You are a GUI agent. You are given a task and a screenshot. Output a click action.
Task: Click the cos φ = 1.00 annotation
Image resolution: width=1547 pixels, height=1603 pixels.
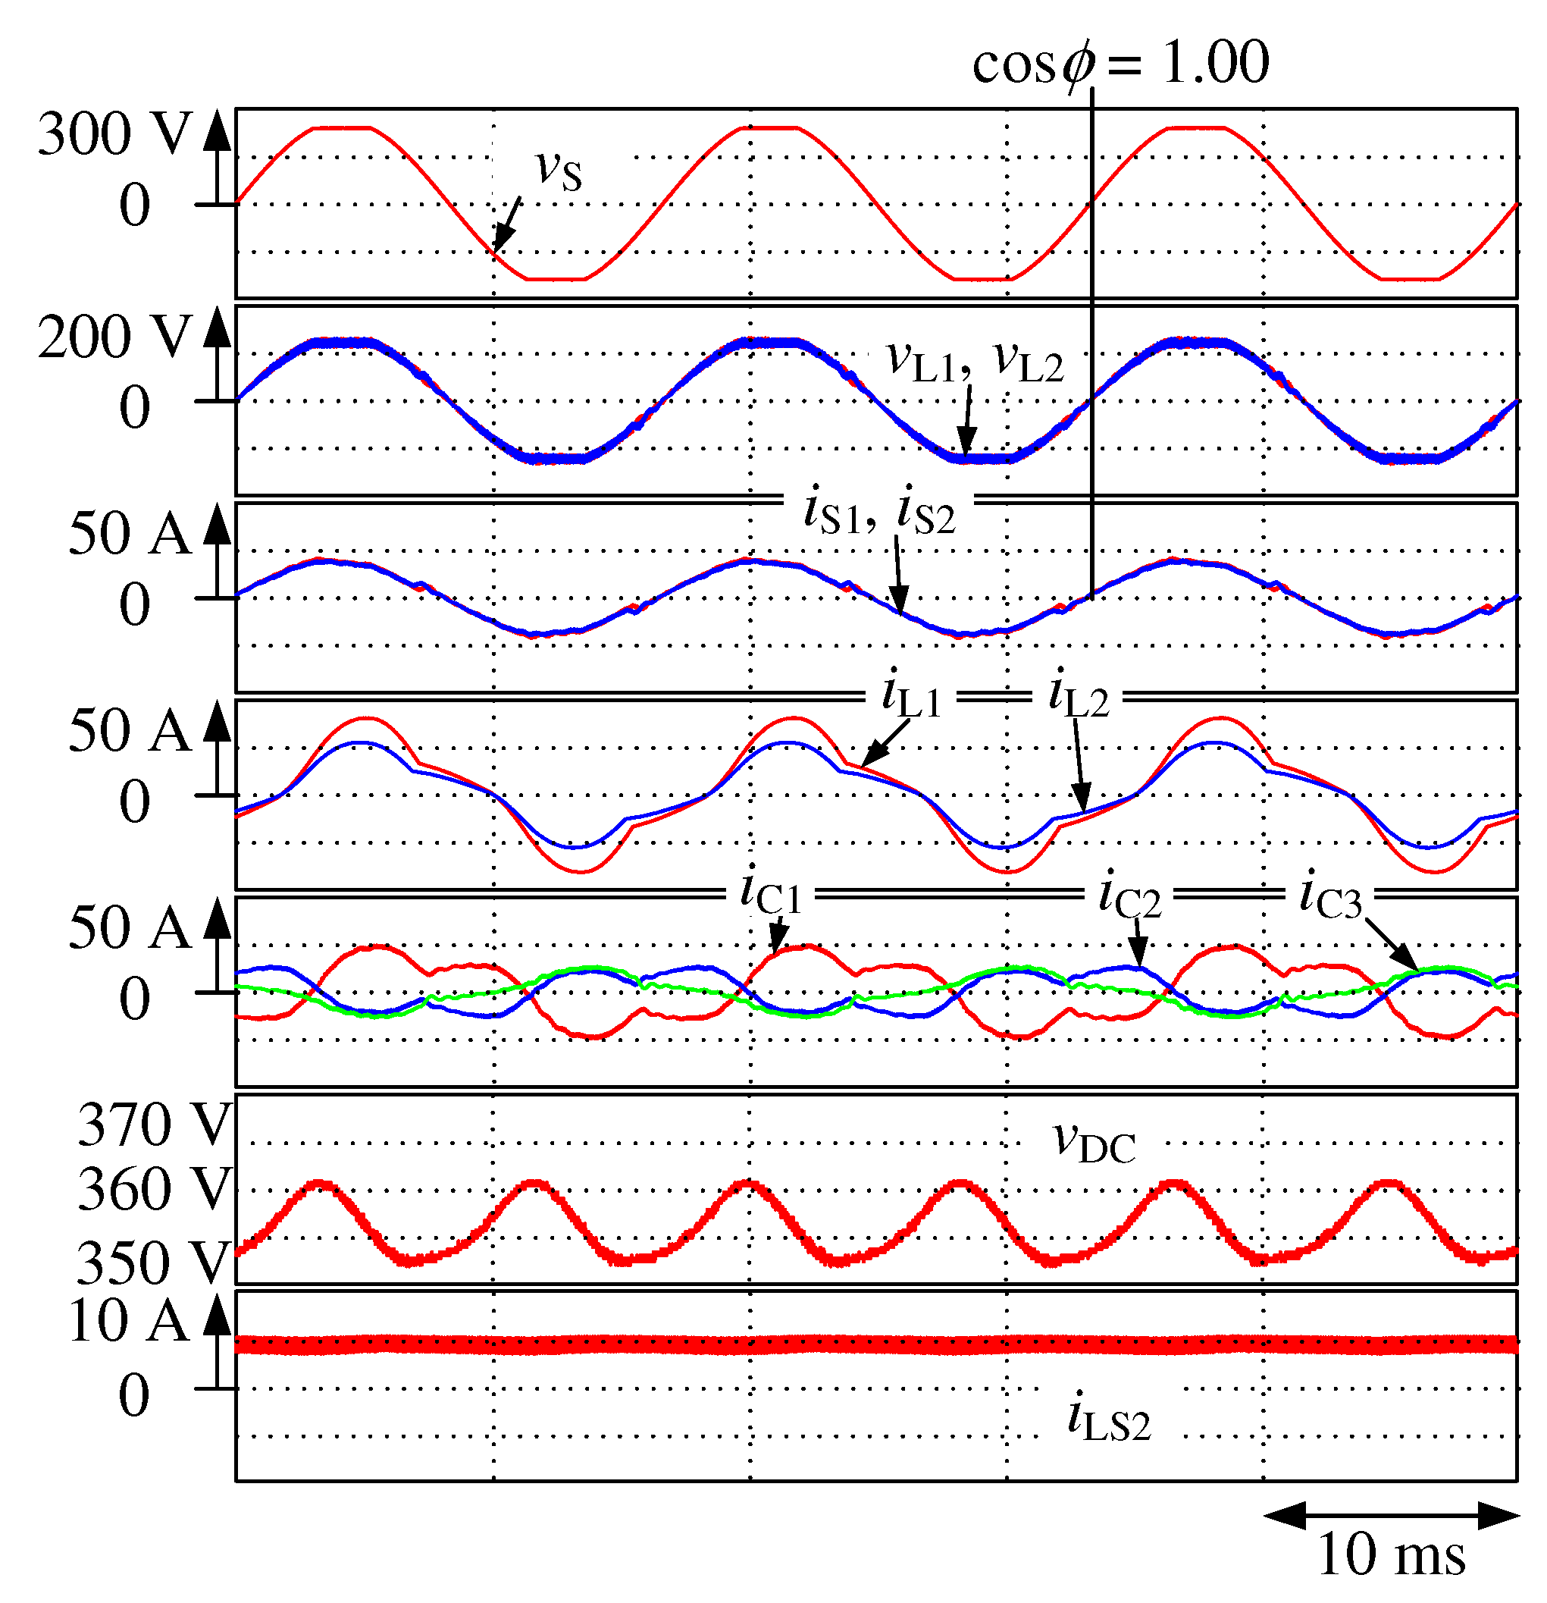tap(1120, 62)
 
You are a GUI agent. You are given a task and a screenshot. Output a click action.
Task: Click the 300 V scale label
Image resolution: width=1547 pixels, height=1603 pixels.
tap(113, 133)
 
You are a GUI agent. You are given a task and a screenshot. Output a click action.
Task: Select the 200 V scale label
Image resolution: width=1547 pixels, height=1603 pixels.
tap(113, 336)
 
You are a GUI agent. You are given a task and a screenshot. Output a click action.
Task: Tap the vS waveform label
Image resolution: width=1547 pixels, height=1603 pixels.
tap(559, 170)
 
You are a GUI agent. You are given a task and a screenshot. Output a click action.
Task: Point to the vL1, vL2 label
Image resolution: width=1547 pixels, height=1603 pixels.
tap(975, 361)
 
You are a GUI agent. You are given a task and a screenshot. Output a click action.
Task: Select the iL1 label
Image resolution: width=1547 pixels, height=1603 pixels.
tap(911, 696)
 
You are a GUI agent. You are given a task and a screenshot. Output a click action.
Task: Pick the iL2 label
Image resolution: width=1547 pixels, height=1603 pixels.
tap(1078, 696)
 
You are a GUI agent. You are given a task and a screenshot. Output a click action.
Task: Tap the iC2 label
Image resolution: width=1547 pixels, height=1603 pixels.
tap(1129, 896)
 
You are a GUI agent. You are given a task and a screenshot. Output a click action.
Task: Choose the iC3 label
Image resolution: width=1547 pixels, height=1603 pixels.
tap(1329, 896)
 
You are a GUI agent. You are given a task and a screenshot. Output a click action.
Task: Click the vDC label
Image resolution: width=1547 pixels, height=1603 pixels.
tap(1094, 1142)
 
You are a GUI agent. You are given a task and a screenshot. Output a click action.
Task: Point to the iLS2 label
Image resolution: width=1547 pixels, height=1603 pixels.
tap(1108, 1419)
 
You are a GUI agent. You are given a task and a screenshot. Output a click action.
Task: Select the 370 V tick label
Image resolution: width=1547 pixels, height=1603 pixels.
tap(154, 1125)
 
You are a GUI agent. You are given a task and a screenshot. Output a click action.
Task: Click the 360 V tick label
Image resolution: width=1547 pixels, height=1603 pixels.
tap(154, 1189)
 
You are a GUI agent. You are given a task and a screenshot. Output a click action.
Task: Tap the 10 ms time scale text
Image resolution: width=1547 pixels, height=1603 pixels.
tap(1391, 1554)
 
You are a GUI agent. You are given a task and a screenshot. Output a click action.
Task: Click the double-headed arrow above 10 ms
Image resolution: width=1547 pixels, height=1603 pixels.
tap(1391, 1515)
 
